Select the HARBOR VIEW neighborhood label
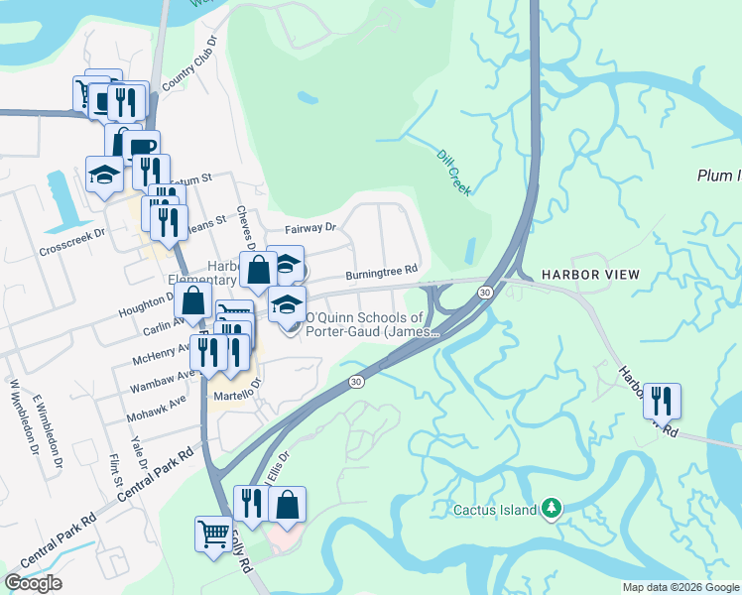590,274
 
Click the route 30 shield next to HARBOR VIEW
484,293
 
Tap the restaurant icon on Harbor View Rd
662,402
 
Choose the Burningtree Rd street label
381,270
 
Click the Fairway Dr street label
310,228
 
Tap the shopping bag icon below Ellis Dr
287,505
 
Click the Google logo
34,583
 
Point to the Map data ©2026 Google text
680,587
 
